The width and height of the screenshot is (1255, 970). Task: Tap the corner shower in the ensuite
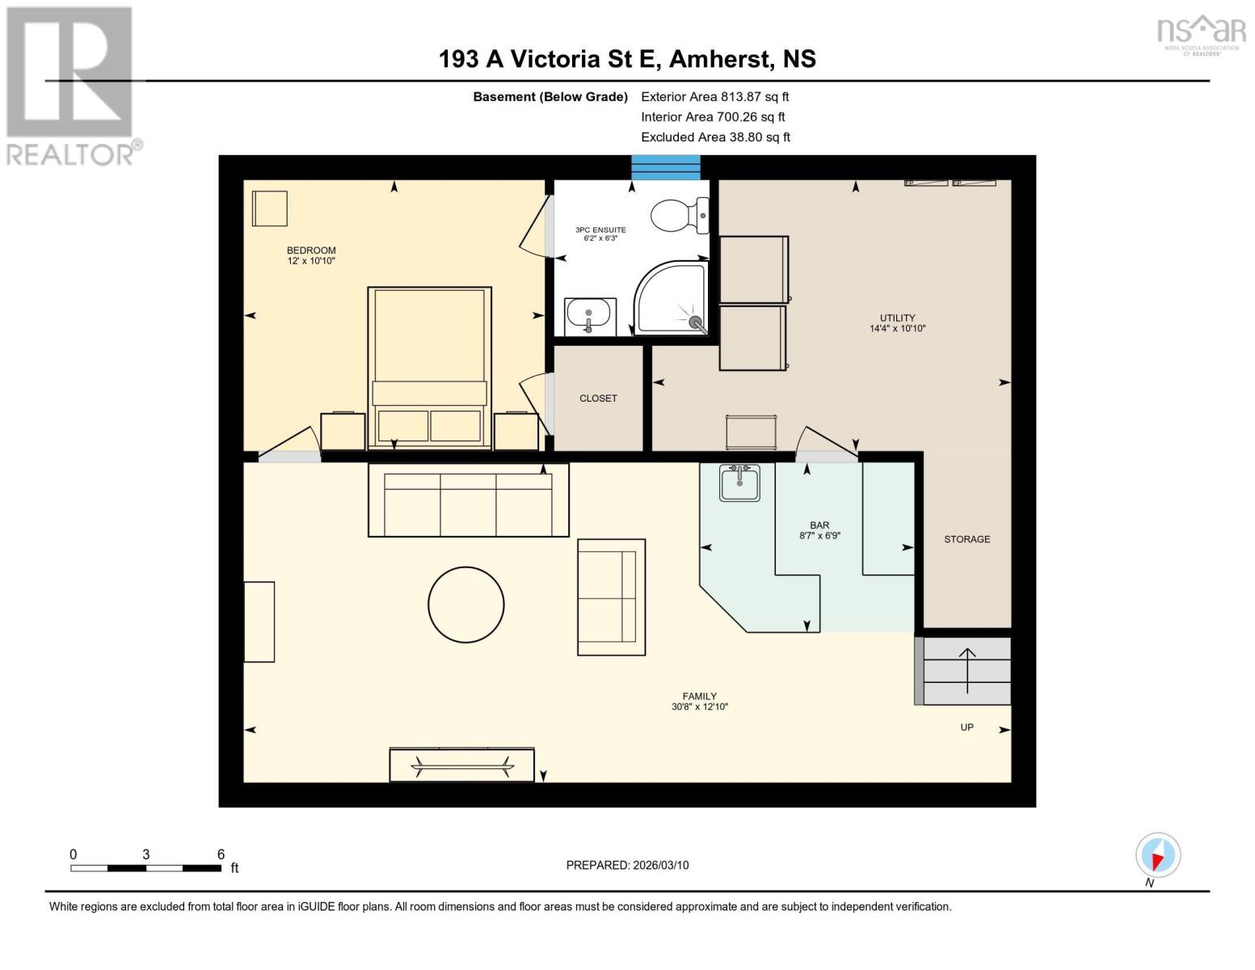[x=672, y=298]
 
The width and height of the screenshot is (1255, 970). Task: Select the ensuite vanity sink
[x=589, y=316]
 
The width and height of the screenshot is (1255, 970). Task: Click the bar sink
[x=739, y=483]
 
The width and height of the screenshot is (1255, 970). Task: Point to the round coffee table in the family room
[x=466, y=605]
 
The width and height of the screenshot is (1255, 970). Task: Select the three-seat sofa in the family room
[x=469, y=500]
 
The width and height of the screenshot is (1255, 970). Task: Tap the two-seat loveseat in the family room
[x=611, y=597]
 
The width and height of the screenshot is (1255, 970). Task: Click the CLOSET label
[x=598, y=399]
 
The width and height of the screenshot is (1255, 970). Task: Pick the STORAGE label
[x=967, y=539]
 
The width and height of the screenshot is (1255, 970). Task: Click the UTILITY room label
[x=897, y=318]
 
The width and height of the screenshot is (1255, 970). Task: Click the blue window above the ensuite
[x=665, y=167]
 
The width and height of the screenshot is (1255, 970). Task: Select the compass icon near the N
[x=1158, y=855]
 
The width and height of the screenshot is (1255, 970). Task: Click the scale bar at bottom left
[x=145, y=867]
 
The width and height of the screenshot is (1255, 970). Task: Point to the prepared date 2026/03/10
[x=627, y=865]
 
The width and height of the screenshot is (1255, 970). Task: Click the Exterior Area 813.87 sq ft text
[x=714, y=96]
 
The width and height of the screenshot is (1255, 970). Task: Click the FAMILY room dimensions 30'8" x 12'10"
[x=699, y=706]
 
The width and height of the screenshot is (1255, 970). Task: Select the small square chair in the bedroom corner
[x=269, y=209]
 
